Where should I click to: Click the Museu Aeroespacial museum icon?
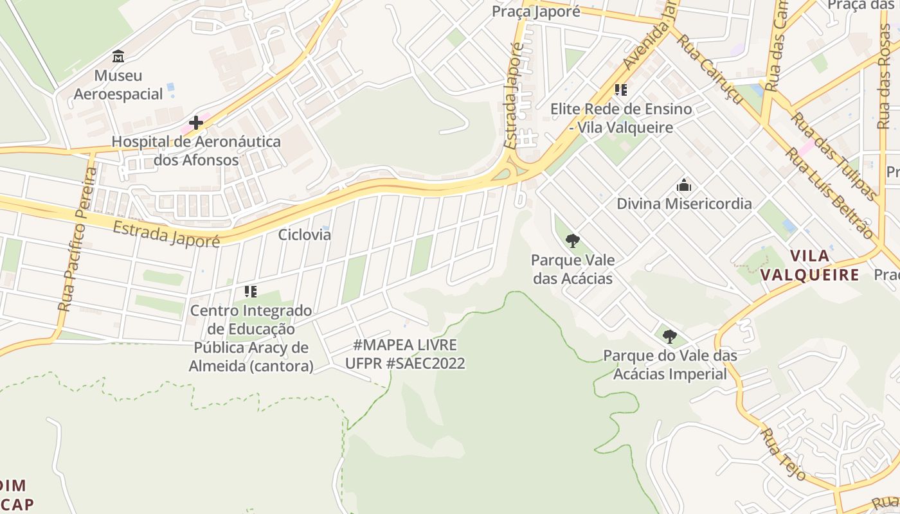click(x=118, y=57)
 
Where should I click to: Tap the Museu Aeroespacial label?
click(x=118, y=85)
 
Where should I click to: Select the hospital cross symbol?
click(x=196, y=122)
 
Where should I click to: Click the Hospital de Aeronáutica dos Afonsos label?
click(x=196, y=150)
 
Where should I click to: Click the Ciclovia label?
click(x=305, y=235)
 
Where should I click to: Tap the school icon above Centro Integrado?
click(x=251, y=292)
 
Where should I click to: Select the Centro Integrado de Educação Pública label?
click(x=251, y=338)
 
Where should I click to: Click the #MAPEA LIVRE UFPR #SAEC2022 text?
click(x=405, y=354)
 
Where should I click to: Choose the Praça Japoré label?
click(x=536, y=12)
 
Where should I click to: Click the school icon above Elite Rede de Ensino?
click(x=620, y=90)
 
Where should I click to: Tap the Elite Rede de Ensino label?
click(x=621, y=118)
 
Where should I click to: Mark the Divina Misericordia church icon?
click(x=684, y=186)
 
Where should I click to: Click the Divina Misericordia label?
click(x=684, y=204)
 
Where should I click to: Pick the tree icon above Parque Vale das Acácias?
click(x=572, y=241)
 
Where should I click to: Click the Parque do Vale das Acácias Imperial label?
click(x=670, y=364)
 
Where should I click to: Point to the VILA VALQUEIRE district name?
click(x=810, y=265)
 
